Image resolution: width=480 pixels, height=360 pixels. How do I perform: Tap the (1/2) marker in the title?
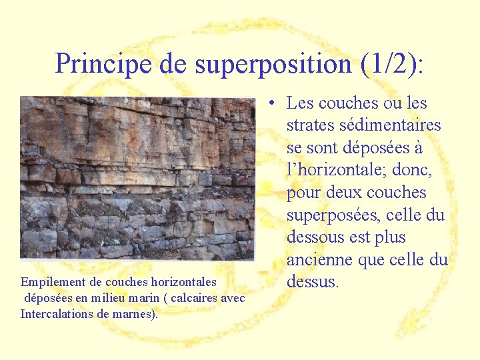[389, 64]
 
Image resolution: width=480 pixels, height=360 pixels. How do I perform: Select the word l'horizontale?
[334, 170]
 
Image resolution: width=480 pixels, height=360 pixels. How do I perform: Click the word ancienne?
[319, 259]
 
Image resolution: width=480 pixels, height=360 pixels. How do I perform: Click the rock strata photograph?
[137, 177]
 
